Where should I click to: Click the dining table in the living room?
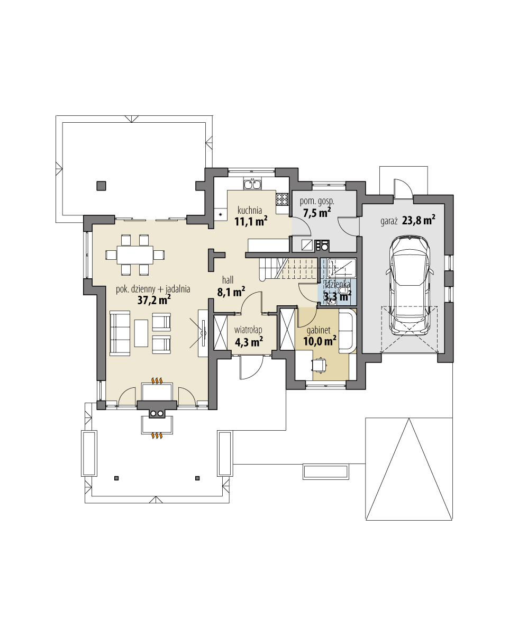[x=135, y=255]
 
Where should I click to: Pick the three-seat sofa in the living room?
[x=120, y=333]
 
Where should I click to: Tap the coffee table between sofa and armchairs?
[x=141, y=333]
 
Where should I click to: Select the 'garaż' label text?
[x=389, y=221]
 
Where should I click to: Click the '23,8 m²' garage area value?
[x=419, y=221]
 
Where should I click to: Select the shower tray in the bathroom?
[x=341, y=268]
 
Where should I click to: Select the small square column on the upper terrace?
[x=101, y=185]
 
